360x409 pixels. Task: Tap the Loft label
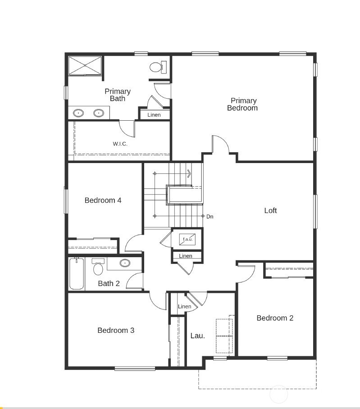click(270, 210)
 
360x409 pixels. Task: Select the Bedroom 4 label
click(103, 200)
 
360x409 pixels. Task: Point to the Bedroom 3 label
click(116, 330)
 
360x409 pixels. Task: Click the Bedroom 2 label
click(275, 318)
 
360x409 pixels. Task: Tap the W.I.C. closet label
click(120, 144)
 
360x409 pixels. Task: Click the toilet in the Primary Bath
click(157, 68)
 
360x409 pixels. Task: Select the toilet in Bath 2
click(98, 268)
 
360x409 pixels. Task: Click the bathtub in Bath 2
click(76, 274)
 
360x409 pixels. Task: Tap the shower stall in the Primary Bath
click(85, 66)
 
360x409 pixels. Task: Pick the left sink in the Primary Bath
click(78, 113)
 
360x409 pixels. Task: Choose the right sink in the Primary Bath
click(99, 113)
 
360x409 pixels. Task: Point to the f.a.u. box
click(187, 239)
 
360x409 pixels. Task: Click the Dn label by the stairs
click(210, 217)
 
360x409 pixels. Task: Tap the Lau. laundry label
click(197, 336)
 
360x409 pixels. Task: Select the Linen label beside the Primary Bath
click(154, 115)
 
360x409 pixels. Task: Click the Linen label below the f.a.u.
click(185, 256)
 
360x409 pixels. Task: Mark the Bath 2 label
click(109, 283)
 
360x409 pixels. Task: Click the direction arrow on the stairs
click(189, 173)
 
